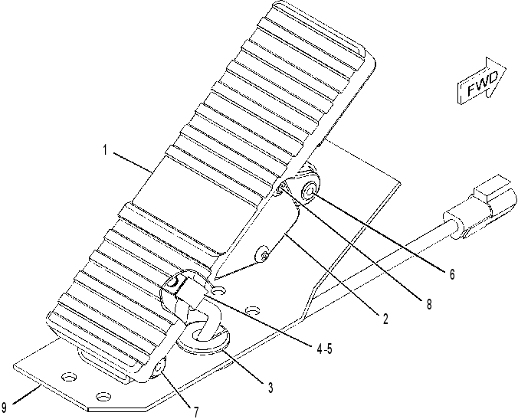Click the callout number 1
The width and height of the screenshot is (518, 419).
click(x=105, y=150)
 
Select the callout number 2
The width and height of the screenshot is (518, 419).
click(x=385, y=319)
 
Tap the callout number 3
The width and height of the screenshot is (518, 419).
click(x=270, y=388)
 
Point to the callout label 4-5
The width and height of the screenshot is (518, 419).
click(x=324, y=349)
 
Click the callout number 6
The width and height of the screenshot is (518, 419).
click(x=451, y=273)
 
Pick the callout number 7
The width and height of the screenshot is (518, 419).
click(x=196, y=412)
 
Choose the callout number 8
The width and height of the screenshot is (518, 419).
click(x=429, y=304)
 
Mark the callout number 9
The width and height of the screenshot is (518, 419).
click(x=5, y=408)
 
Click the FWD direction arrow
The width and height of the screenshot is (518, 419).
click(x=482, y=81)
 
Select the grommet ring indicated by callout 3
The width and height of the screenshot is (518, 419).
click(x=204, y=341)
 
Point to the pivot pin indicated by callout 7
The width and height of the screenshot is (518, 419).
click(x=159, y=368)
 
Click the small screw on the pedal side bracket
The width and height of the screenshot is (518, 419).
click(x=264, y=254)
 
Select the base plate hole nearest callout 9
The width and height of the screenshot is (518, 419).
click(x=69, y=376)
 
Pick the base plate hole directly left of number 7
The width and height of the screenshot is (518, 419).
click(x=103, y=395)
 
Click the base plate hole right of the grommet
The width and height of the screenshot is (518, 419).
click(x=253, y=310)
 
